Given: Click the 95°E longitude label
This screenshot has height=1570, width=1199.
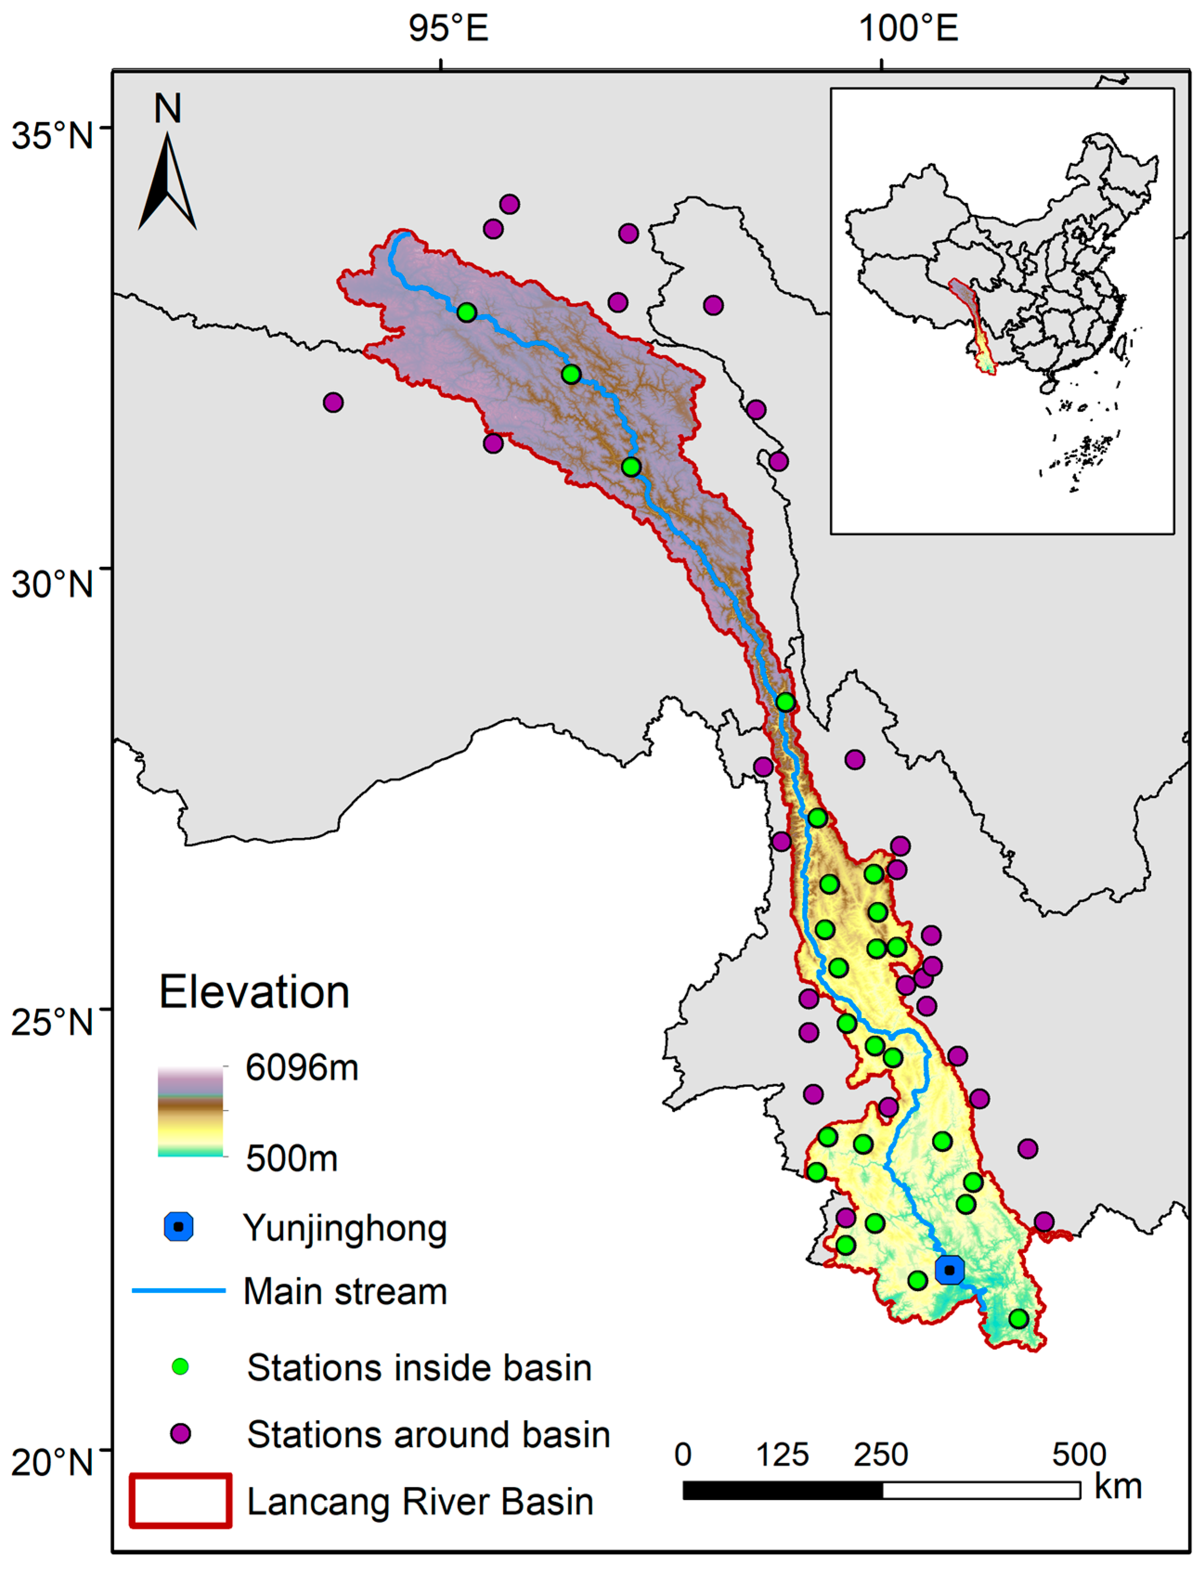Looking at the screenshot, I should click(x=448, y=29).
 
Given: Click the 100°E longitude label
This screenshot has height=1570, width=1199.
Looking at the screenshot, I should click(x=908, y=29).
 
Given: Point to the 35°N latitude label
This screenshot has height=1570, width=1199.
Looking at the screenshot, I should click(x=52, y=136).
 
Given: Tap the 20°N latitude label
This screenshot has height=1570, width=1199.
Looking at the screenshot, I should click(x=52, y=1461).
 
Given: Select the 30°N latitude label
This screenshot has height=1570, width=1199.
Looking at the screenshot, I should click(x=52, y=584).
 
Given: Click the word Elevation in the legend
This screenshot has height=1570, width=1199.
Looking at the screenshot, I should click(x=254, y=993).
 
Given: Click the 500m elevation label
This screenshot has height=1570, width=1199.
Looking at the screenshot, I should click(x=292, y=1158).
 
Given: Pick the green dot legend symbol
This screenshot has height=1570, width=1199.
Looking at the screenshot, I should click(x=180, y=1367).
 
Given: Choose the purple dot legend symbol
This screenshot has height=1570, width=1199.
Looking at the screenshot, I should click(x=180, y=1434).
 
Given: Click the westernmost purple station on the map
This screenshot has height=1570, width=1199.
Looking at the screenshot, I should click(x=333, y=402).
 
